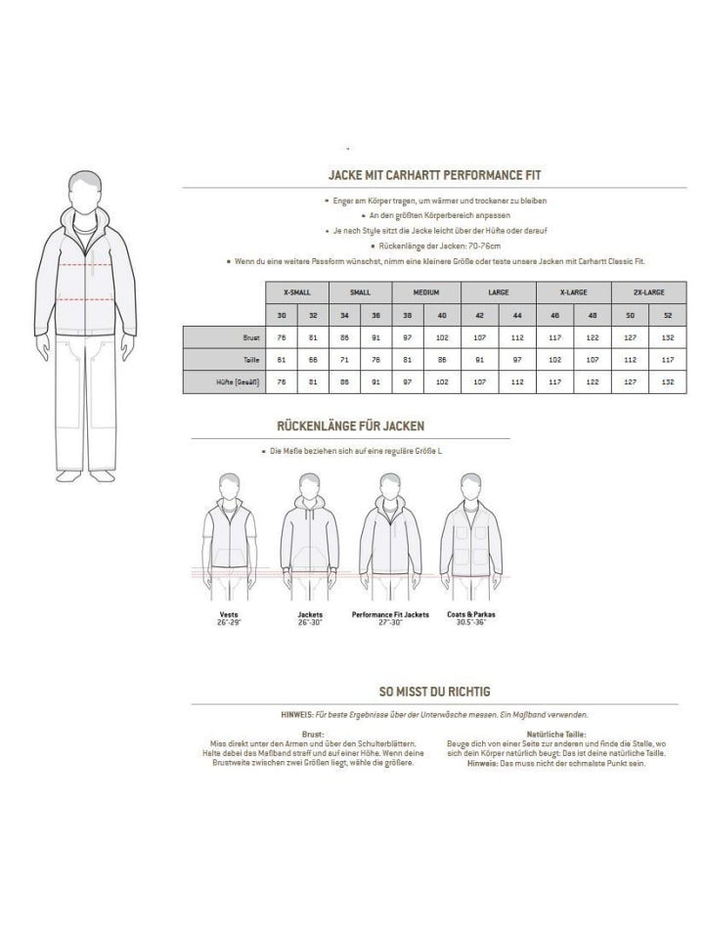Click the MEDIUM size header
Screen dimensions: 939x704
(x=426, y=292)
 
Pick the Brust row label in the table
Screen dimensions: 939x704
(x=251, y=337)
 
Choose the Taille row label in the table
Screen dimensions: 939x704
(x=251, y=360)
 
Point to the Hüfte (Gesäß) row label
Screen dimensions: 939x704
(x=239, y=382)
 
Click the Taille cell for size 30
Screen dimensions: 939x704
(x=282, y=360)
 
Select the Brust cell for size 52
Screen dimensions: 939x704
(x=668, y=337)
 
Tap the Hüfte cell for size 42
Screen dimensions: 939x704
(x=480, y=382)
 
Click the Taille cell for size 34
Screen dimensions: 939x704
(x=343, y=360)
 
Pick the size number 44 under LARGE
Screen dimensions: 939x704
(x=516, y=315)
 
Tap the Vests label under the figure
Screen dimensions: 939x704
(x=230, y=614)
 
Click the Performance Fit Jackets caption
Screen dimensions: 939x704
(x=390, y=614)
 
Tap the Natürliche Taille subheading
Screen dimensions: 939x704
(x=555, y=733)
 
